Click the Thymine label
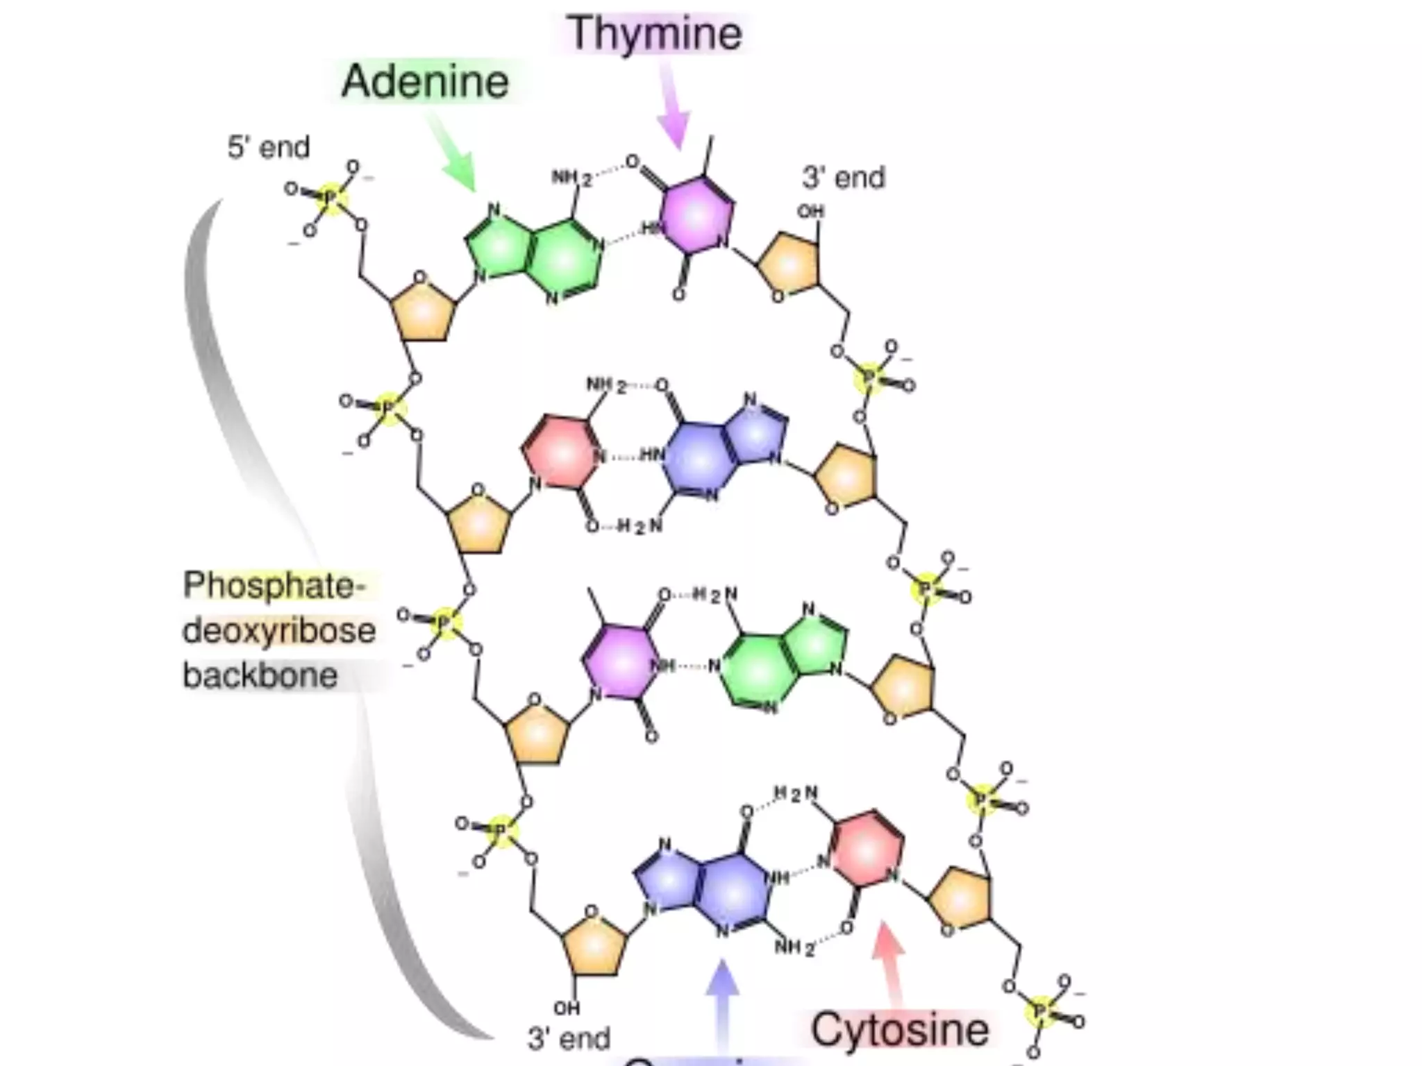coord(655,33)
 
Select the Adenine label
coord(425,81)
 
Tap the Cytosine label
coord(900,1029)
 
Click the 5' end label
coord(268,147)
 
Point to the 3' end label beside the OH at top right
coord(844,178)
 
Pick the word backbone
coord(260,675)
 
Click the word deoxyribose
coord(279,631)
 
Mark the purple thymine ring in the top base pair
coord(695,214)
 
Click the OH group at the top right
coord(810,211)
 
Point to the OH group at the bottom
coord(567,1007)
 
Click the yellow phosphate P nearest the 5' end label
coord(331,198)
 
